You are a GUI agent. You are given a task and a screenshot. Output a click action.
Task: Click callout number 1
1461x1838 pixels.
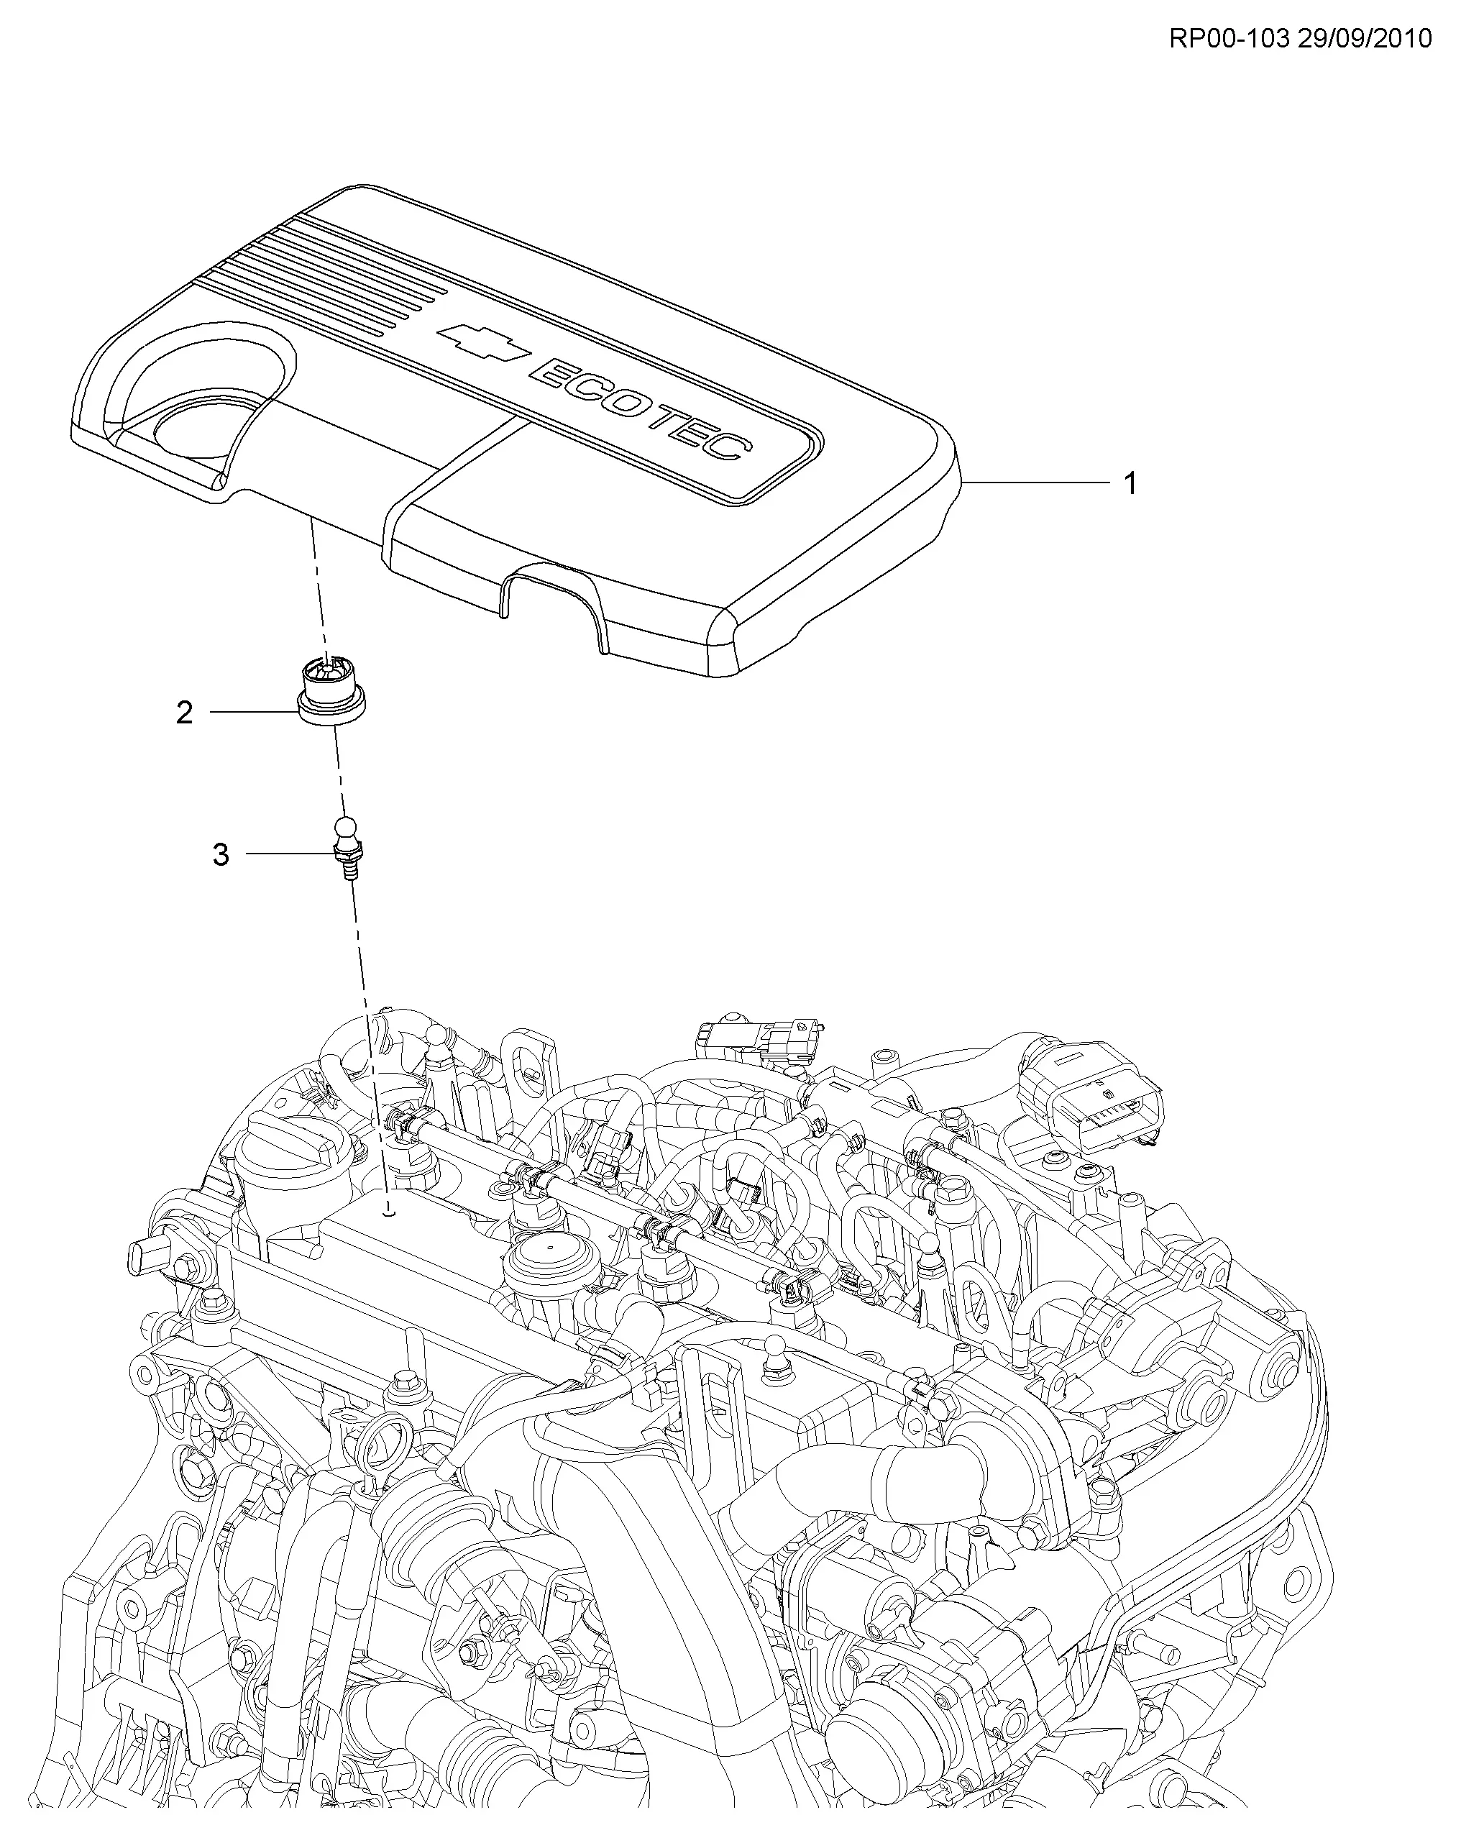pyautogui.click(x=1130, y=484)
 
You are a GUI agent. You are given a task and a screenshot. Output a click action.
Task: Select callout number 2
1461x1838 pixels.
pyautogui.click(x=184, y=712)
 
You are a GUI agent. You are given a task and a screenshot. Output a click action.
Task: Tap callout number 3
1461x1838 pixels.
pyautogui.click(x=221, y=854)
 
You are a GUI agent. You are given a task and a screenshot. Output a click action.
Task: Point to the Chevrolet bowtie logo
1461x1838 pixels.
pyautogui.click(x=483, y=340)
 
